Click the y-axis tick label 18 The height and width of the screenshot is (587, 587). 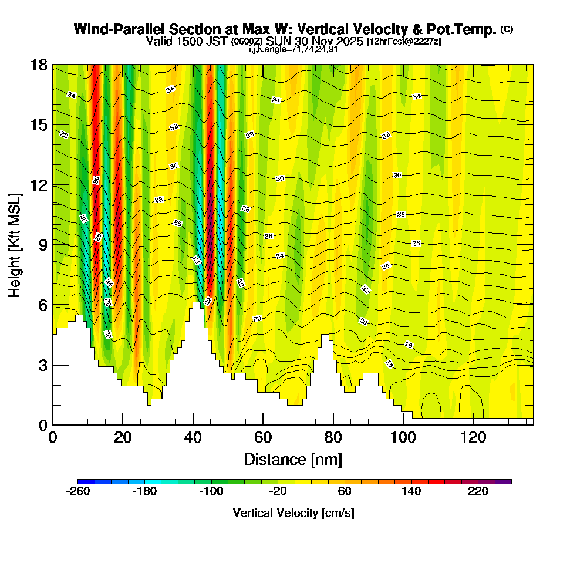(x=38, y=65)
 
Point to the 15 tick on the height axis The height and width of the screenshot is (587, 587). (x=38, y=125)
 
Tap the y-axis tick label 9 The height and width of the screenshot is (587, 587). (x=42, y=245)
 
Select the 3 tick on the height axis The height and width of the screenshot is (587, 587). (x=42, y=365)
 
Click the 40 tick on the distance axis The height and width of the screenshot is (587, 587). (x=193, y=438)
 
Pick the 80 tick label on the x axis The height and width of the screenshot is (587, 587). (x=333, y=438)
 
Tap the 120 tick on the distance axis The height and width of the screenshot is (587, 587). (x=473, y=438)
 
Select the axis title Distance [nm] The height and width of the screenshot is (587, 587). (x=293, y=459)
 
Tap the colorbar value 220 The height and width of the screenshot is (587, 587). (x=478, y=491)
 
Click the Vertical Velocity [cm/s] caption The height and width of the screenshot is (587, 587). (x=293, y=513)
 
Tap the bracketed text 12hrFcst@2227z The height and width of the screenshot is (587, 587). (x=404, y=42)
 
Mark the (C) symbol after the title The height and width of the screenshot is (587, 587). (x=507, y=29)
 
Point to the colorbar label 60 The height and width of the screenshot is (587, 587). (x=345, y=491)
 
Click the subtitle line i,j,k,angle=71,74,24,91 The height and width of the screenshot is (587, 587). (x=293, y=49)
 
